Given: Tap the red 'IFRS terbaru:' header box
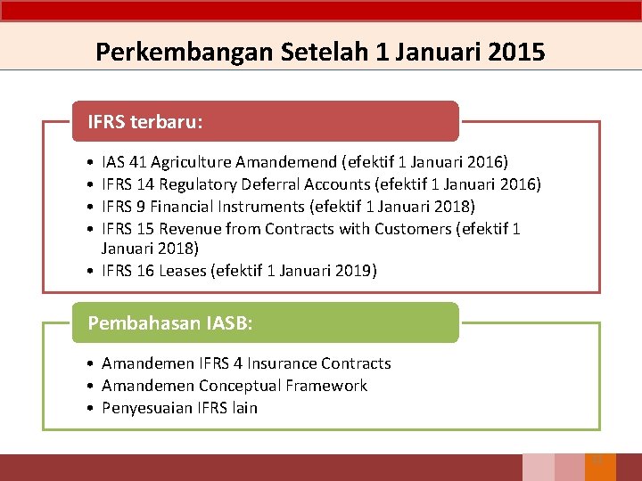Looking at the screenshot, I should [265, 121].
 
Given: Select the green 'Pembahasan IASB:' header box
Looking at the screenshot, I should [265, 322].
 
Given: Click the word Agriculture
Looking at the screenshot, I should [192, 162].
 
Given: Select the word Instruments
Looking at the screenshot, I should [253, 207].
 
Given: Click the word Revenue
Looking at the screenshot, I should [190, 229].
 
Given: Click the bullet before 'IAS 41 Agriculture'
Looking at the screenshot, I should [93, 163].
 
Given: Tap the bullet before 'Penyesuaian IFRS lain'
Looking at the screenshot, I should [93, 409].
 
